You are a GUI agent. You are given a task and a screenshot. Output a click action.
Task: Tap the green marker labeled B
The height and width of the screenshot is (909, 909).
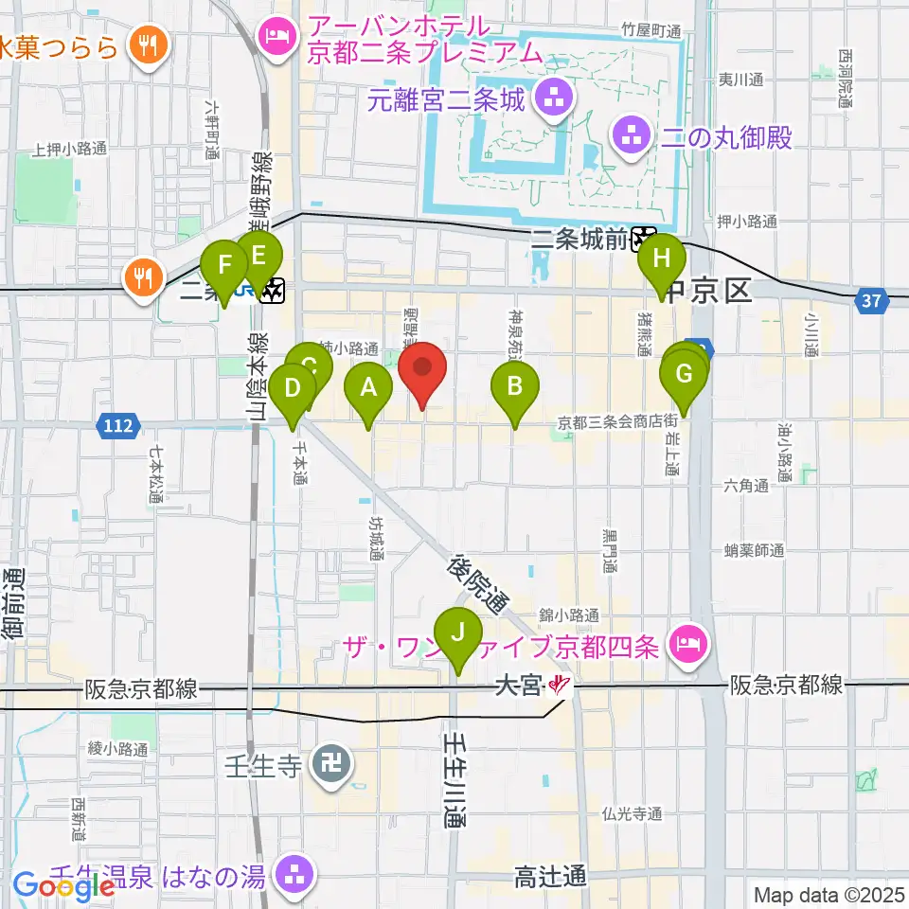click(x=515, y=386)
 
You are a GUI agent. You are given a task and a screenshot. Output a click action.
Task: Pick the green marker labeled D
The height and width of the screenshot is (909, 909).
click(x=293, y=388)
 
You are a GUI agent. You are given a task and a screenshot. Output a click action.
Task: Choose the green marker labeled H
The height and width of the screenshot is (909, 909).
click(x=660, y=258)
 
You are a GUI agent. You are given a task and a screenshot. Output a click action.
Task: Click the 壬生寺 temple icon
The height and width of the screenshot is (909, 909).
click(x=331, y=765)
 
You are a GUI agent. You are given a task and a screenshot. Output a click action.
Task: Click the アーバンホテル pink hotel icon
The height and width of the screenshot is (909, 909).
click(x=276, y=38)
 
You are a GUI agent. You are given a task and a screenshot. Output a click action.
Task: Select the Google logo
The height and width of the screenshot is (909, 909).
click(x=64, y=887)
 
